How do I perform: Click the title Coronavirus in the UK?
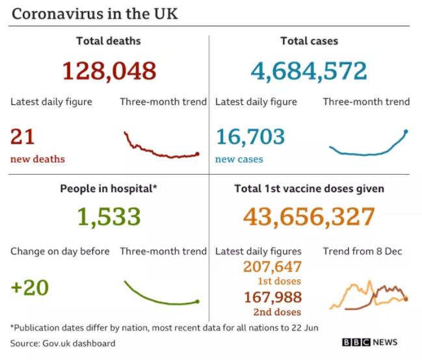point(94,14)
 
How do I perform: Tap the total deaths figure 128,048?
point(109,70)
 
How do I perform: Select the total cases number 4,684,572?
point(310,70)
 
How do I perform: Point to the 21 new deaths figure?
point(23,136)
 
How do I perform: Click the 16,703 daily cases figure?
point(250,136)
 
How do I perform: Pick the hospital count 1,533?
point(109,216)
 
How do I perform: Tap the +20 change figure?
point(30,287)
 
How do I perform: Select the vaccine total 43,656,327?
point(309,216)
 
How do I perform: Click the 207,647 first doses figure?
point(272,266)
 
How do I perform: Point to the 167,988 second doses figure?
point(272,297)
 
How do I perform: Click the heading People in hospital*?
point(109,189)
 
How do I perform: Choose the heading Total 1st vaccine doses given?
point(309,189)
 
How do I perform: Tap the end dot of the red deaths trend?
point(198,154)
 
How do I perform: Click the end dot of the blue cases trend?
point(406,132)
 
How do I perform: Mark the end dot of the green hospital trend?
point(198,301)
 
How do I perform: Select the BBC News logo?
point(369,342)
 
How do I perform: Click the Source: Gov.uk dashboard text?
point(63,342)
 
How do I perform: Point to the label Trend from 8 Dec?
point(366,251)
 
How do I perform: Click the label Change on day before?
point(60,251)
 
